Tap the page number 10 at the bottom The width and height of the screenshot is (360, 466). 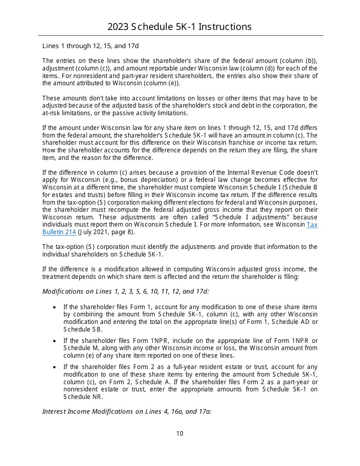coord(180,433)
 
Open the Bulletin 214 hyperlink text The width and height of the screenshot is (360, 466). coord(59,232)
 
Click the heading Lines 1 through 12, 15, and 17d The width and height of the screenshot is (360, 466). coord(91,46)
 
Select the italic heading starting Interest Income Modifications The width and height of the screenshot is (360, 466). coord(127,411)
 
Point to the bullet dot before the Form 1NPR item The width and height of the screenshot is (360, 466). coord(55,341)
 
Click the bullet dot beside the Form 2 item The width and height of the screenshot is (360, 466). coord(55,367)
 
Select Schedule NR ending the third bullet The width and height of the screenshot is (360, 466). coord(83,397)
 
